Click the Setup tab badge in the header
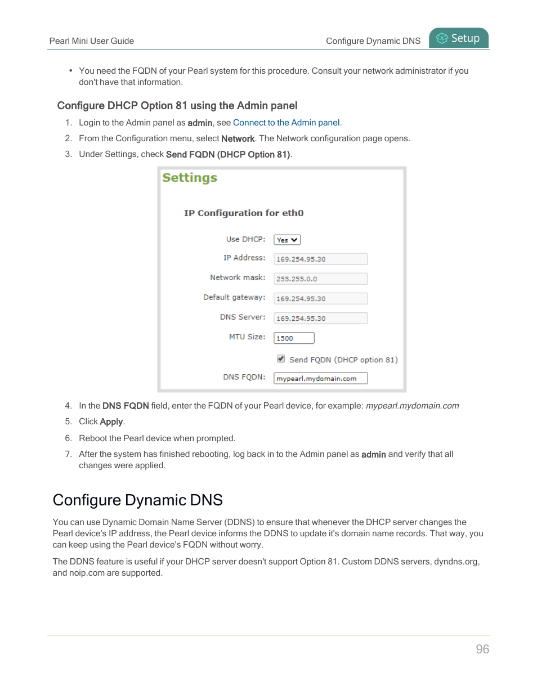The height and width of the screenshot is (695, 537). pyautogui.click(x=459, y=38)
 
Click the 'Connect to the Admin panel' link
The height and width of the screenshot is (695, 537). pyautogui.click(x=286, y=123)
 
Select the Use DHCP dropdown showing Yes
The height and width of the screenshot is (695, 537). pyautogui.click(x=287, y=240)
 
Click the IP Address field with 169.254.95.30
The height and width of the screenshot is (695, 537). pyautogui.click(x=320, y=259)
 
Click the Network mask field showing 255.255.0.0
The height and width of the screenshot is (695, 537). pyautogui.click(x=320, y=279)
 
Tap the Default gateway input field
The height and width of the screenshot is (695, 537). pyautogui.click(x=320, y=298)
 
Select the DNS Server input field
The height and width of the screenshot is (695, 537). pyautogui.click(x=320, y=318)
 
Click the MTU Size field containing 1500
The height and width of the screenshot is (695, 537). pyautogui.click(x=294, y=338)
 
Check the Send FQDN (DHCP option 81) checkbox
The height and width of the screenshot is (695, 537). pyautogui.click(x=281, y=359)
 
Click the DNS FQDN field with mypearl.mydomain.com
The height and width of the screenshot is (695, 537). pyautogui.click(x=320, y=378)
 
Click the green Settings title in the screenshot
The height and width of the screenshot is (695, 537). pyautogui.click(x=190, y=178)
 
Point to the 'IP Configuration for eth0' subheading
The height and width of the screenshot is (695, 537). pyautogui.click(x=244, y=213)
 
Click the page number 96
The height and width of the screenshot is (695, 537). pyautogui.click(x=482, y=649)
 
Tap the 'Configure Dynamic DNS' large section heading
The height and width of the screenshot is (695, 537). pyautogui.click(x=138, y=500)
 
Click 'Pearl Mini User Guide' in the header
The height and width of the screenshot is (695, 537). pyautogui.click(x=92, y=41)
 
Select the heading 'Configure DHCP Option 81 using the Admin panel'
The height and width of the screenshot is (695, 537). pyautogui.click(x=177, y=106)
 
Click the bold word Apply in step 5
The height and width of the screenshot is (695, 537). pyautogui.click(x=111, y=422)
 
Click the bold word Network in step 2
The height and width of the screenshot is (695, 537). pyautogui.click(x=238, y=138)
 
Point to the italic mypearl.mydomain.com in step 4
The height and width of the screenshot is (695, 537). pyautogui.click(x=412, y=406)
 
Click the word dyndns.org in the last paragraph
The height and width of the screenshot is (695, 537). pyautogui.click(x=455, y=562)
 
